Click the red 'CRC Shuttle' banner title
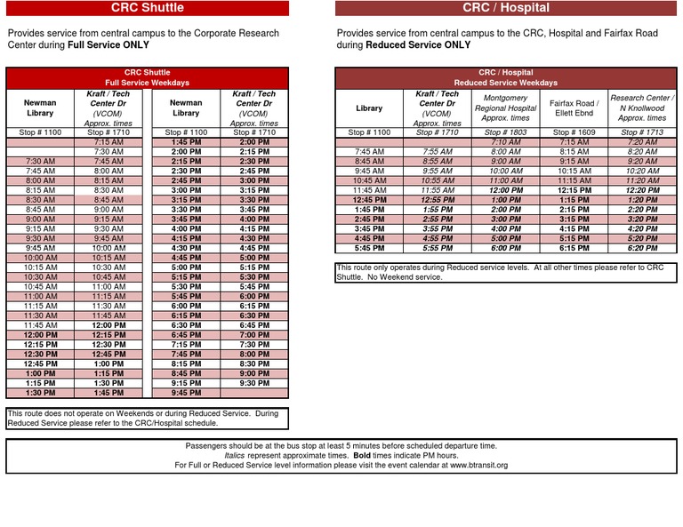tap(147, 8)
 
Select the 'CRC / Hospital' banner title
tap(505, 8)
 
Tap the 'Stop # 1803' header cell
tap(505, 132)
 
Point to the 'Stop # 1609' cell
tap(574, 132)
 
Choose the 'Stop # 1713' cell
tap(642, 132)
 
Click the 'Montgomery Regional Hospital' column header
tap(505, 108)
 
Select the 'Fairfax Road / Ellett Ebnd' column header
tap(574, 108)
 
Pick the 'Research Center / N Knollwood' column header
tap(642, 108)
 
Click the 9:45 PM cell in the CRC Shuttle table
tap(186, 393)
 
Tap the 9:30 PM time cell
tap(254, 383)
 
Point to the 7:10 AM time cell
tap(505, 142)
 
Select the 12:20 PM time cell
tap(642, 190)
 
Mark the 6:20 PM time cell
tap(642, 248)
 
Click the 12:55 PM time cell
tap(437, 200)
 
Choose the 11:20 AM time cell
tap(642, 180)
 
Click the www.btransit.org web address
tap(478, 465)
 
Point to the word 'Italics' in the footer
tap(235, 455)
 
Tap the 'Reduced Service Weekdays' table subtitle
tap(505, 83)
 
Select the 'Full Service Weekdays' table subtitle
tap(147, 83)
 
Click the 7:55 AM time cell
tap(437, 152)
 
